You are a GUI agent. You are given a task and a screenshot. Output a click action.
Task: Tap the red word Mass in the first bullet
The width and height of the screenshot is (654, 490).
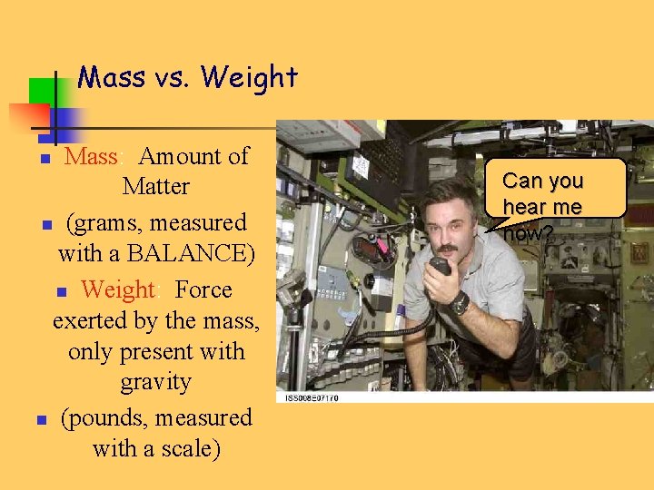click(91, 156)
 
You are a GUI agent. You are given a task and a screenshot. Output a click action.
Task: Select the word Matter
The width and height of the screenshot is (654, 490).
click(156, 187)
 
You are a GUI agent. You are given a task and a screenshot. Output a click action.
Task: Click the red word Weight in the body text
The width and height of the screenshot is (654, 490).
click(117, 289)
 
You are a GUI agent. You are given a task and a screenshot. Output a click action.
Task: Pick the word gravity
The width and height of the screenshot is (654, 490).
click(156, 382)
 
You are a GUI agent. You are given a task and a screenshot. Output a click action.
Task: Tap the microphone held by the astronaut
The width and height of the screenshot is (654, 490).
click(440, 266)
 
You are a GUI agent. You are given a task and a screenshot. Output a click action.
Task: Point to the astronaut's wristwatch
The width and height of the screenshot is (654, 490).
click(461, 302)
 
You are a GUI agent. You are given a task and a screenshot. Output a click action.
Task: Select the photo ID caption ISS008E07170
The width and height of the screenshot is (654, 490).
click(312, 397)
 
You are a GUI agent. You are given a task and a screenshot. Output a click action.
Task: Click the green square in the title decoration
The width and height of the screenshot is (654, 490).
click(43, 91)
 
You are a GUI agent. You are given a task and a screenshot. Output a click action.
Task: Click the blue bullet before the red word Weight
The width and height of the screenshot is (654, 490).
click(62, 292)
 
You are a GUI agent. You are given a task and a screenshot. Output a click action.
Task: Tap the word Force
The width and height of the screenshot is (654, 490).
click(203, 289)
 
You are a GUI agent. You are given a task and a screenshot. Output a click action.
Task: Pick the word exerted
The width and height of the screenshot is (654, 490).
click(87, 320)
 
